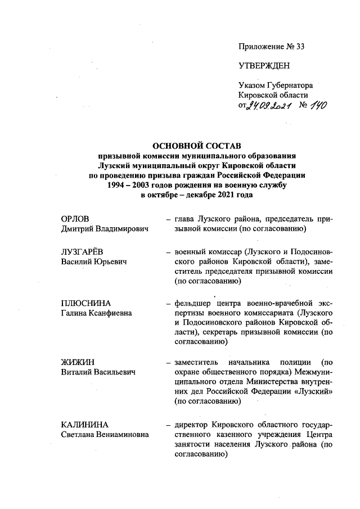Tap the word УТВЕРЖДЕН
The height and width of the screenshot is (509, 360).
264,66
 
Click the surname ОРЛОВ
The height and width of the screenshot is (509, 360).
75,218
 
